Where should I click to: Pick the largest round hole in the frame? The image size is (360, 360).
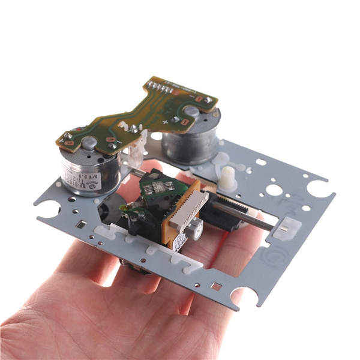pos(274,190)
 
